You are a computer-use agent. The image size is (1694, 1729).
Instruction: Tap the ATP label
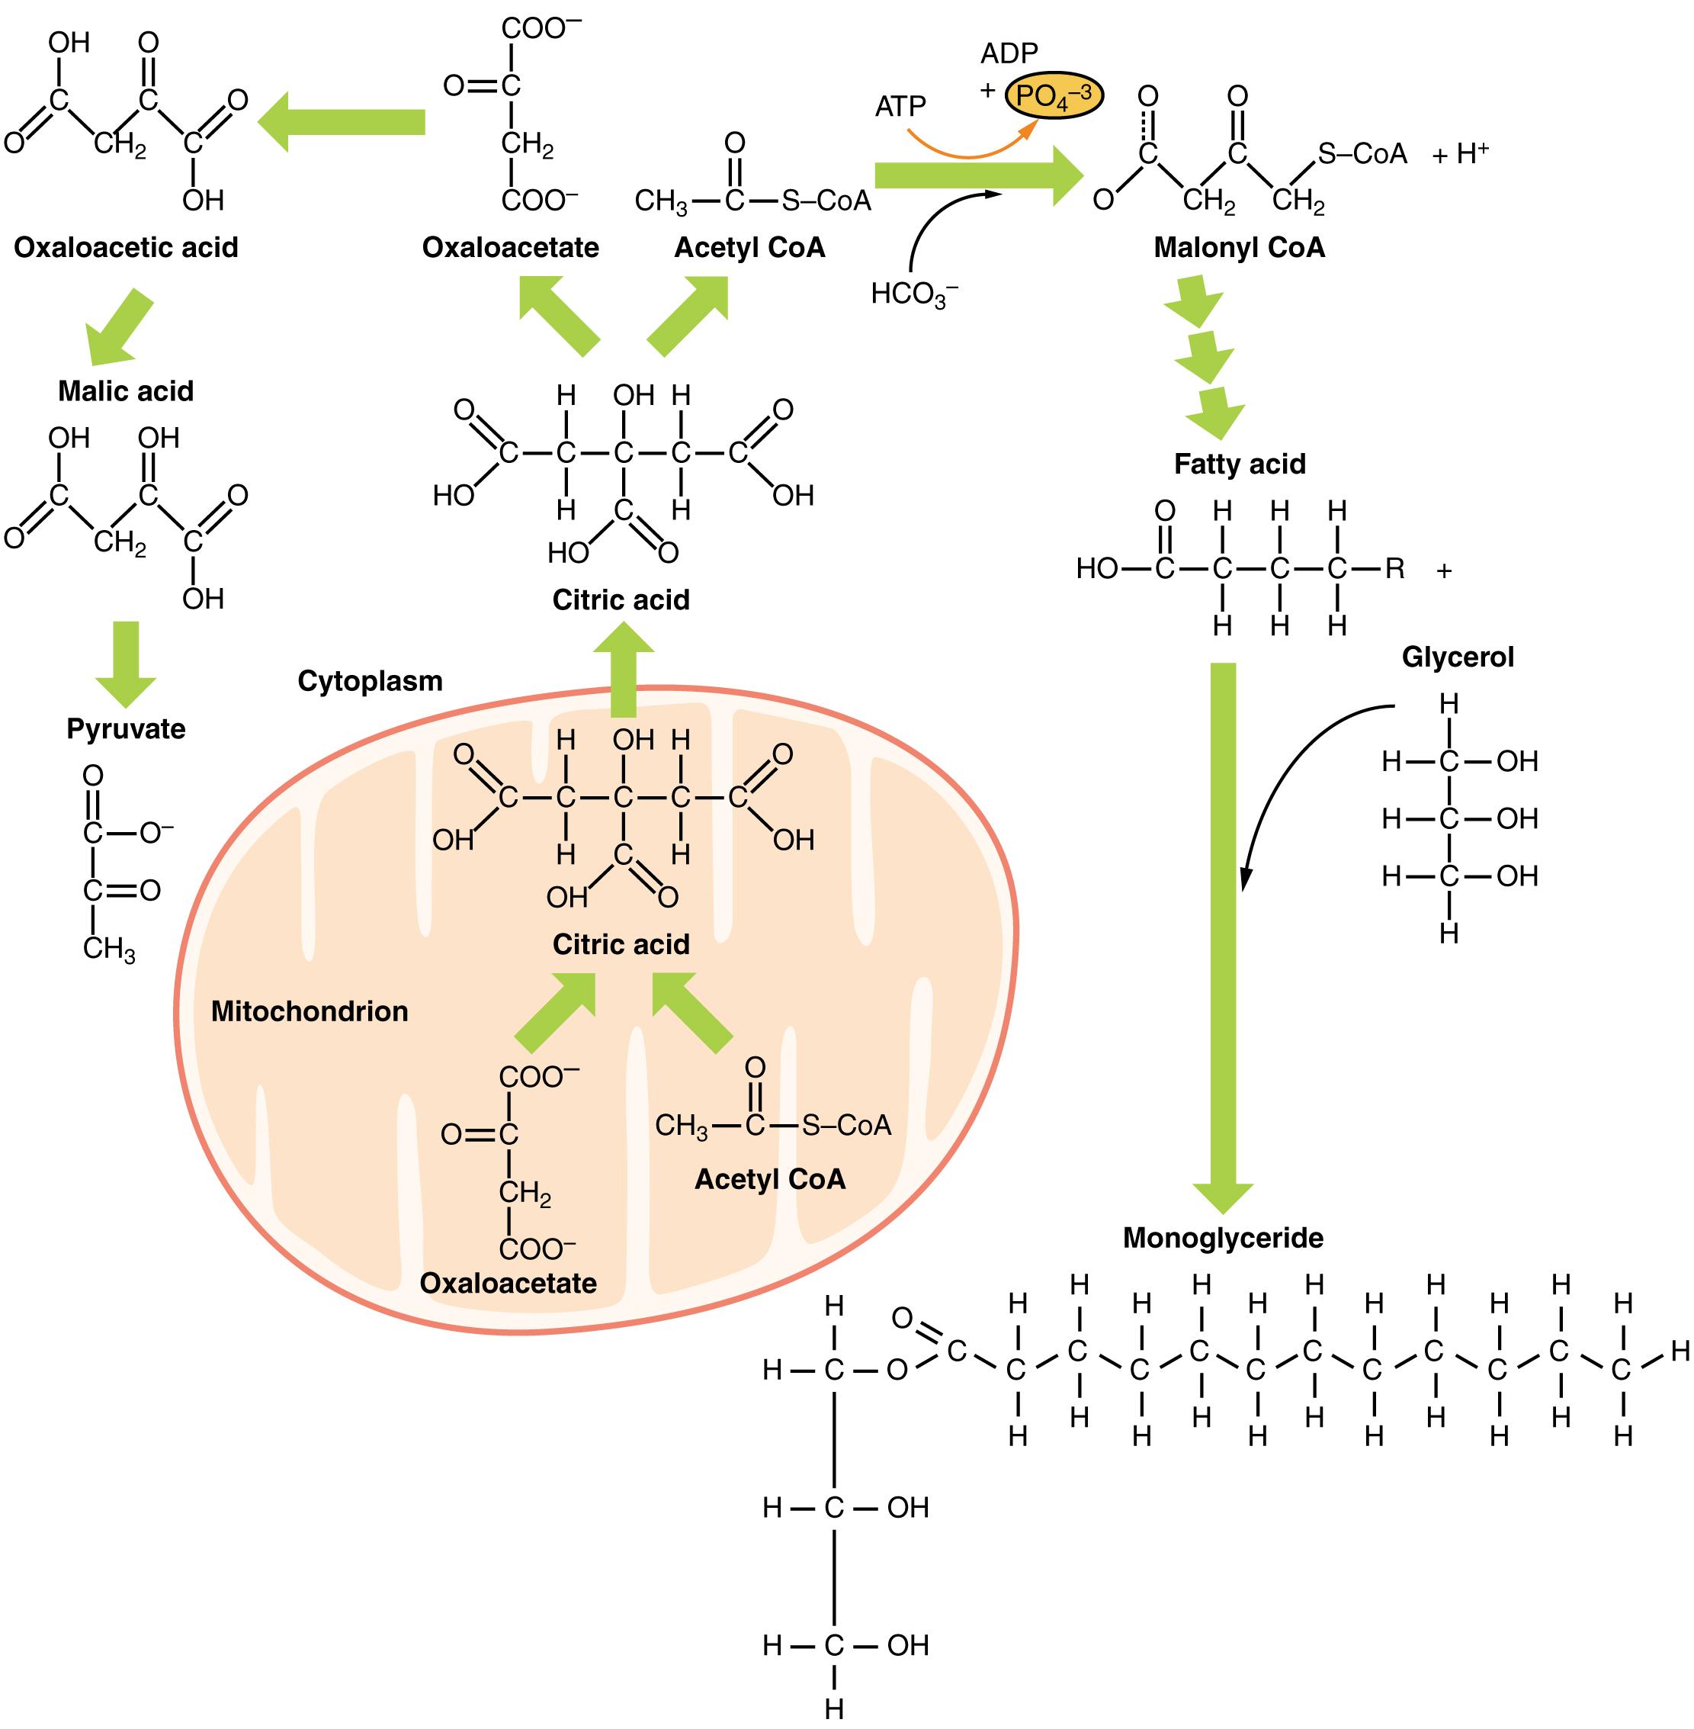point(900,107)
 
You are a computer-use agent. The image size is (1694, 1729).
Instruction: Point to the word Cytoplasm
point(370,681)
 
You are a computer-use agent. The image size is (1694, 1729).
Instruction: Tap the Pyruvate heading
point(127,729)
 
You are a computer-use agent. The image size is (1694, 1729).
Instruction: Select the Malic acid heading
point(126,390)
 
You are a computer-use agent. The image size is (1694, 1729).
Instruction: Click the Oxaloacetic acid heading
point(127,247)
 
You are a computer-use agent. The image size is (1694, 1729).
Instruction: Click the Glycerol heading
point(1458,657)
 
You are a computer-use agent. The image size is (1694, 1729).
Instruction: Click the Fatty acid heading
point(1240,464)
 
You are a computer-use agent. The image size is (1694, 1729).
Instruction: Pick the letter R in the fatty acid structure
point(1394,569)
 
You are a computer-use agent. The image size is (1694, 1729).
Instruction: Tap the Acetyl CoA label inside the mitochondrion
point(769,1179)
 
